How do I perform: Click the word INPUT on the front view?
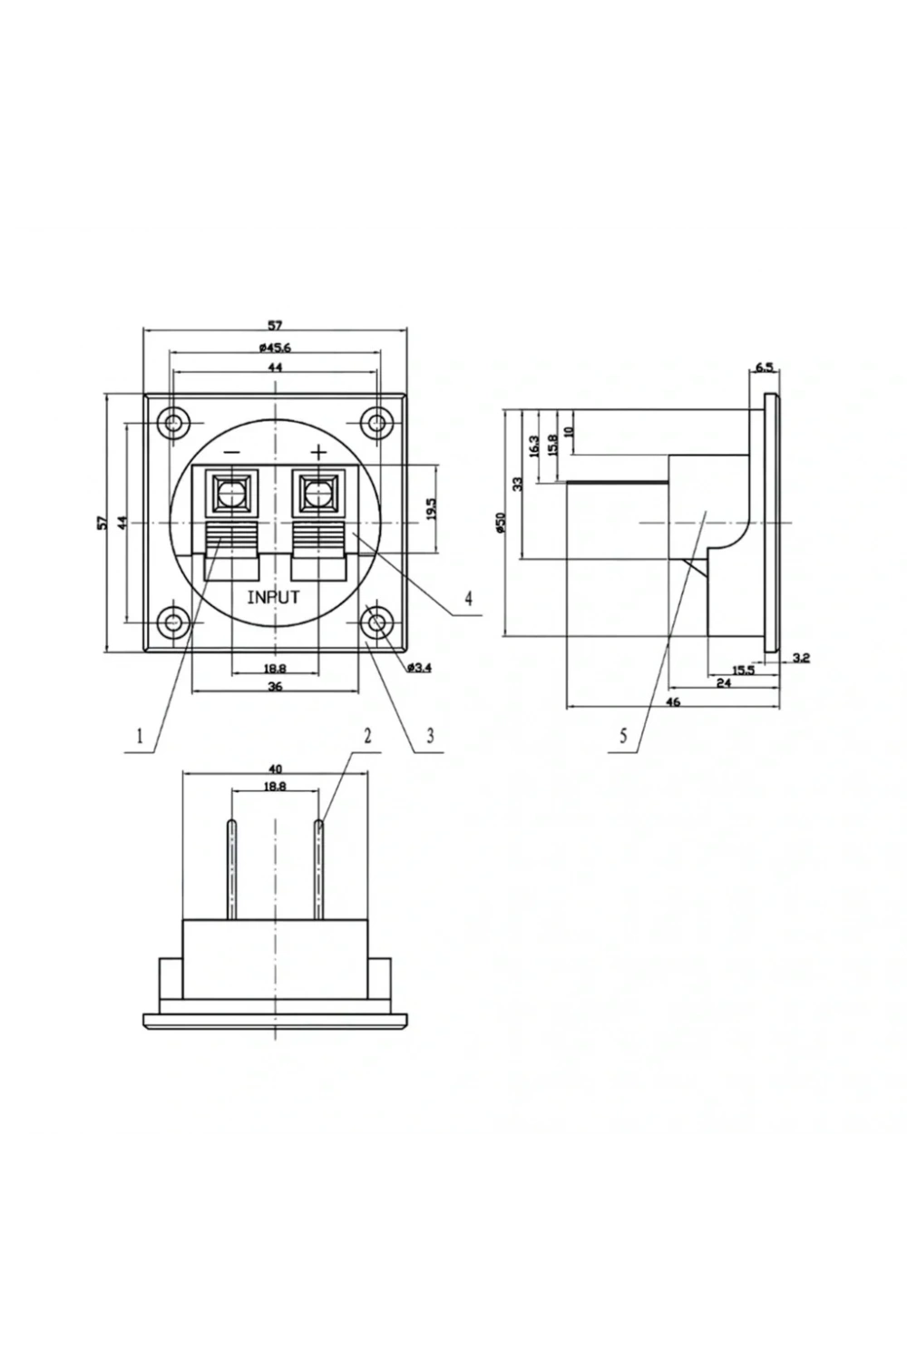click(x=273, y=597)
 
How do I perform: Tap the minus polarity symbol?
click(x=232, y=452)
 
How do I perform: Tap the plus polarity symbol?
click(x=318, y=452)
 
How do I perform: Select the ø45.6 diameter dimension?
click(x=275, y=348)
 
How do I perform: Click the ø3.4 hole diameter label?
click(x=419, y=668)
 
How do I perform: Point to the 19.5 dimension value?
click(x=431, y=509)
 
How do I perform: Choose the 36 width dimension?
click(x=275, y=687)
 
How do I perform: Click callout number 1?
click(x=139, y=737)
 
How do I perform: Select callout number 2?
click(x=367, y=736)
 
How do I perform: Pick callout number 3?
click(x=430, y=736)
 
